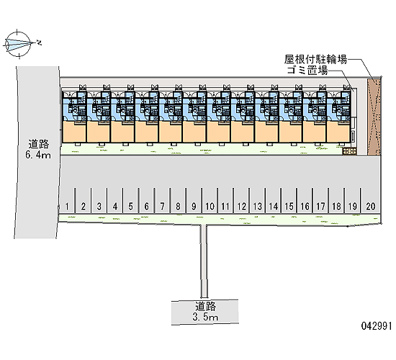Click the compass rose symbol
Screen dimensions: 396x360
tap(18, 45)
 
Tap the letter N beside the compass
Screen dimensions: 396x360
tap(39, 42)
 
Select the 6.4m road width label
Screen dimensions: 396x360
tap(38, 155)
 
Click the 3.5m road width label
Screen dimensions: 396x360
tap(205, 317)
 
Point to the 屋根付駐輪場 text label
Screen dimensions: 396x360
tap(315, 60)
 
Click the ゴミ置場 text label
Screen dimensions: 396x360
tap(307, 71)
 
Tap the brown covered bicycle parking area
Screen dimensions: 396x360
tap(374, 117)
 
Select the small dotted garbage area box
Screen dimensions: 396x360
tap(349, 151)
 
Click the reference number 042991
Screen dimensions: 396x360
tap(377, 326)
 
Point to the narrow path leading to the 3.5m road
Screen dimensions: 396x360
tap(204, 261)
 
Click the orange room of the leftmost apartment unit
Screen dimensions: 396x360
tap(74, 132)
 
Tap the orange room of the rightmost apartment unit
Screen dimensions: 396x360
tap(338, 132)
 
